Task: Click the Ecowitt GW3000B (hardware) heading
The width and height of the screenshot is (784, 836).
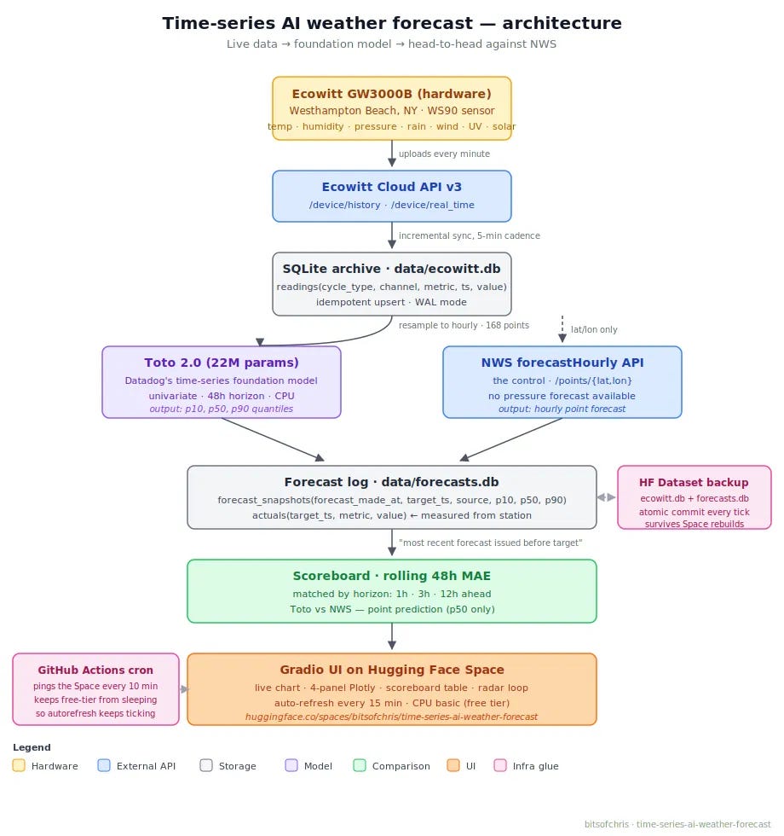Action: click(391, 94)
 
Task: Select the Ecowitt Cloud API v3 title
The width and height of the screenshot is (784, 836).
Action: click(391, 187)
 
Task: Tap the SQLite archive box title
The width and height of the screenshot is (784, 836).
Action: click(391, 269)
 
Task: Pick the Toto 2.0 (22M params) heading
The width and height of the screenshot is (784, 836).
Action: click(221, 363)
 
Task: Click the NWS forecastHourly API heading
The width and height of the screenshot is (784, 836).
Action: click(562, 363)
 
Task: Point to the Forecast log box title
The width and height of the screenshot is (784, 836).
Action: click(391, 482)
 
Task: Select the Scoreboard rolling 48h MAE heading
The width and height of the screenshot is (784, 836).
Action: click(391, 576)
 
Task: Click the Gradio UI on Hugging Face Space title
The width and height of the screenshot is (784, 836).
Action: click(391, 670)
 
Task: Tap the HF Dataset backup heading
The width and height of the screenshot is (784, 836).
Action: click(694, 483)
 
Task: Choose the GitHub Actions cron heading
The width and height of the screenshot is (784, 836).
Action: click(95, 671)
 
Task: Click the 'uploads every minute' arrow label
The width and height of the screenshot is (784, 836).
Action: click(444, 154)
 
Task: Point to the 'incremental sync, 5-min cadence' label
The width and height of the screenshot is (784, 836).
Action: click(470, 235)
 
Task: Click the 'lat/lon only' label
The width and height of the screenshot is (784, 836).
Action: click(594, 329)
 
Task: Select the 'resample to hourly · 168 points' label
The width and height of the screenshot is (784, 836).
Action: click(464, 325)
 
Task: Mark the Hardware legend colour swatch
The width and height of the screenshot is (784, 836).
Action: click(19, 766)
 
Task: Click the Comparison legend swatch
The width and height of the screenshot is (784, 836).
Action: click(360, 766)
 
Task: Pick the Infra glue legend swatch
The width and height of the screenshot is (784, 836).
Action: click(500, 766)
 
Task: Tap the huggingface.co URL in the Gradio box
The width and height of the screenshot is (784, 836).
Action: click(391, 717)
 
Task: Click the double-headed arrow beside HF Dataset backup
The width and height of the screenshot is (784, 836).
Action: click(607, 497)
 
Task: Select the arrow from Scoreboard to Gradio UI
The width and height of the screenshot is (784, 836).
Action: click(392, 636)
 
